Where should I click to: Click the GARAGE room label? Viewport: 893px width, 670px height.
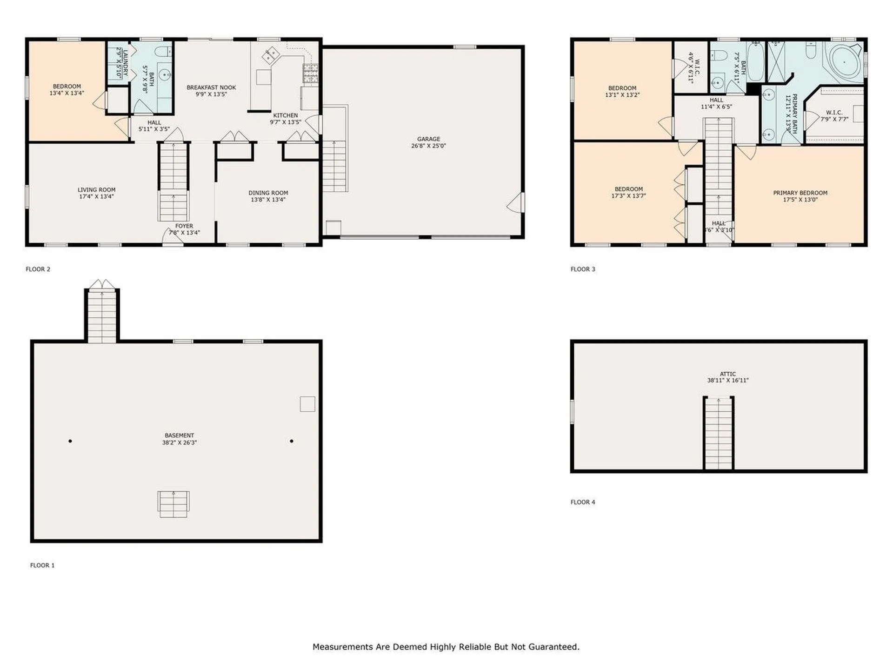click(x=428, y=139)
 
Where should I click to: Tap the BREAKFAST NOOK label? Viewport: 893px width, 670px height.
click(x=211, y=87)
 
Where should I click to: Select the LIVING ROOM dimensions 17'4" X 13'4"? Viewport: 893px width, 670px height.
click(x=96, y=196)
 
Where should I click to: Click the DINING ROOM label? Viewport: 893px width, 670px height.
click(x=268, y=193)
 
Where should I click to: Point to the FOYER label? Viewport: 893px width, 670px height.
click(x=184, y=226)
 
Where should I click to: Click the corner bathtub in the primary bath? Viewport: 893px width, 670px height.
click(x=844, y=62)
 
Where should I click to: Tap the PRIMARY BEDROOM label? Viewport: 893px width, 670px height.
click(x=800, y=193)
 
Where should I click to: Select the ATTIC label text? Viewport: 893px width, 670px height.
click(x=728, y=374)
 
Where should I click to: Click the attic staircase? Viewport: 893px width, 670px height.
click(x=719, y=433)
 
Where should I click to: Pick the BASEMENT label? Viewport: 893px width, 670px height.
click(x=179, y=435)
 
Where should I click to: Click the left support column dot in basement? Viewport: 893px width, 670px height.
click(x=70, y=441)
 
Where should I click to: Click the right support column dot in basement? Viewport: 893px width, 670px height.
click(x=292, y=441)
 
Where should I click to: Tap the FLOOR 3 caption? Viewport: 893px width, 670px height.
click(x=583, y=269)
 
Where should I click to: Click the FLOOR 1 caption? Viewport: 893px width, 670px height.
click(x=42, y=565)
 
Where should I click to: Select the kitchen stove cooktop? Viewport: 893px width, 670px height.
click(x=310, y=74)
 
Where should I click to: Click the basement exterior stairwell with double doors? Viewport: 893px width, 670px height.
click(x=102, y=314)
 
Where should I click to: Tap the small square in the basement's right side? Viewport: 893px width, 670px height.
click(x=307, y=404)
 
